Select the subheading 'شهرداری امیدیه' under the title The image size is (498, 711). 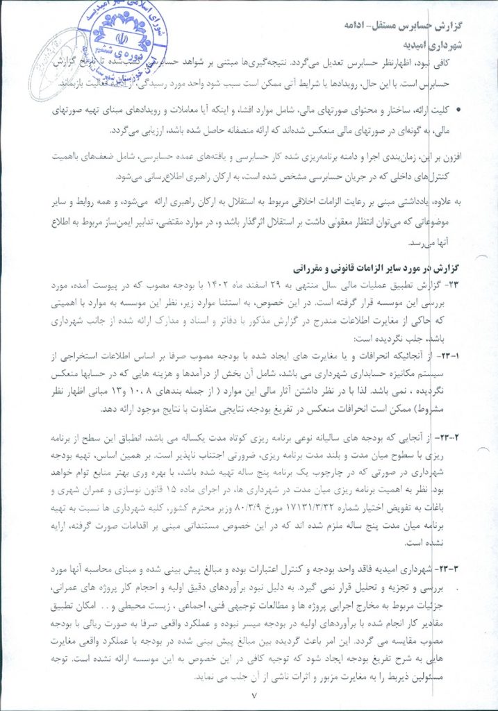pyautogui.click(x=431, y=44)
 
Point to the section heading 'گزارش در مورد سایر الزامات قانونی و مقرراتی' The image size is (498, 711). pyautogui.click(x=370, y=268)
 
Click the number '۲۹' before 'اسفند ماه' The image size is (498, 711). pyautogui.click(x=324, y=285)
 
